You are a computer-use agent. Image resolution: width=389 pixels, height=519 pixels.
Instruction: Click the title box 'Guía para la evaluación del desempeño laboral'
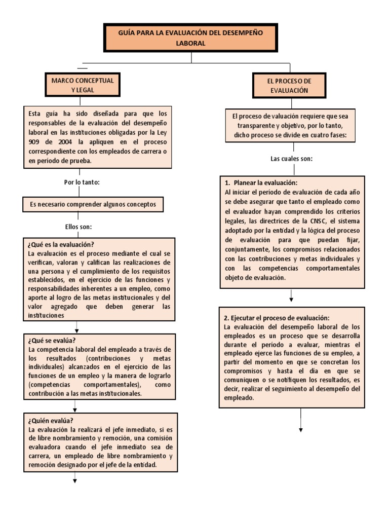click(190, 38)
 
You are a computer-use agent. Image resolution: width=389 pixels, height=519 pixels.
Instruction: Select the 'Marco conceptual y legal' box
click(83, 85)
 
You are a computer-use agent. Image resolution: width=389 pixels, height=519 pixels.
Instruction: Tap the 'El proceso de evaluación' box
click(289, 86)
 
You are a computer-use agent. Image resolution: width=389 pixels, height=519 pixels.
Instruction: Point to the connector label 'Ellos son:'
click(79, 226)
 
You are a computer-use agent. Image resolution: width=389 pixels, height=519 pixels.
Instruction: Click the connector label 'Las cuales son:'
click(291, 159)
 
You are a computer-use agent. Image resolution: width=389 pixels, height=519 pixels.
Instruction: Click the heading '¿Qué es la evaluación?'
click(62, 244)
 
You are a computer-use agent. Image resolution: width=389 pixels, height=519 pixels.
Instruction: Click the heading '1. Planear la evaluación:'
click(261, 182)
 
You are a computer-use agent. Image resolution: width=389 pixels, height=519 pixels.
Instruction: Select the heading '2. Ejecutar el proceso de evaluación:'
click(277, 317)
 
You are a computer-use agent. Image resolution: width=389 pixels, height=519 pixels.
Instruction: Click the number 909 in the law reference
click(36, 142)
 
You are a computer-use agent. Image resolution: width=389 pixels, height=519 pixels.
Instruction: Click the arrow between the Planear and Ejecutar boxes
click(292, 296)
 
